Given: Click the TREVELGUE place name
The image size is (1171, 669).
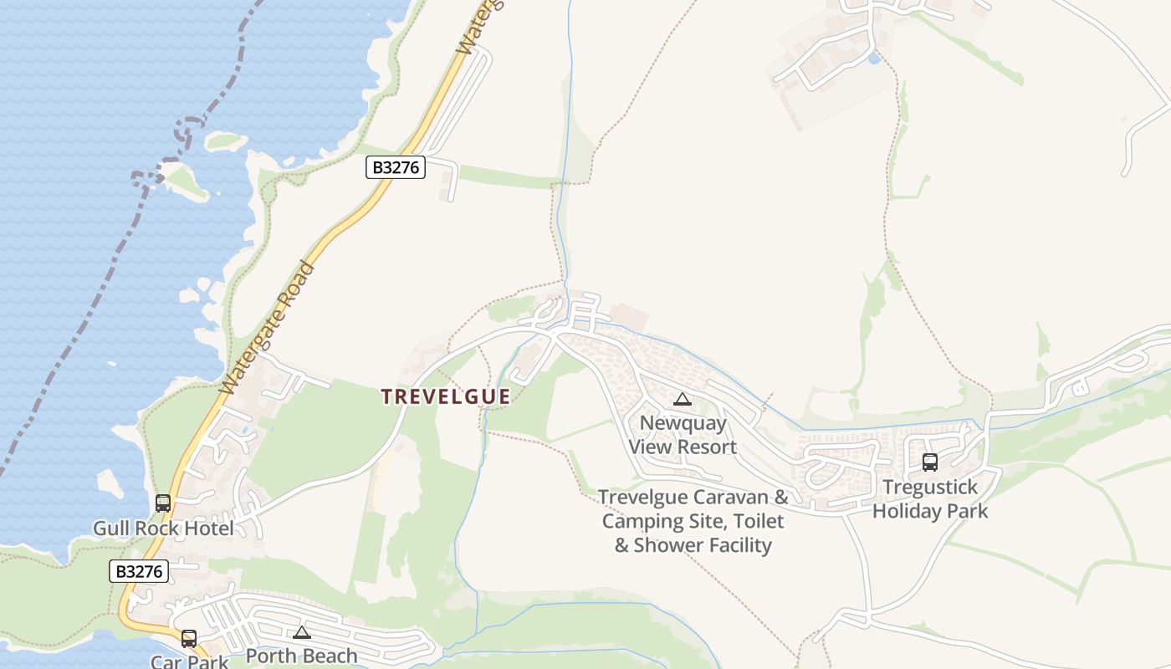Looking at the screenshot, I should (446, 396).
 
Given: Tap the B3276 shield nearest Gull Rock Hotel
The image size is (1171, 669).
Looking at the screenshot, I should (139, 572).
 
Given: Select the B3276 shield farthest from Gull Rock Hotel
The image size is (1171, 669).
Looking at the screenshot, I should (396, 167).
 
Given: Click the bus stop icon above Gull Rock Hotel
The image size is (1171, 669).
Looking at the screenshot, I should (163, 503).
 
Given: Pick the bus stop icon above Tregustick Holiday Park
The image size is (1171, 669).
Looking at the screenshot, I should (929, 462).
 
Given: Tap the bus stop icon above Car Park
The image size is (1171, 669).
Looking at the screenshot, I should (189, 639).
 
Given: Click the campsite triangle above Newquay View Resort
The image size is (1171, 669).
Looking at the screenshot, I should (683, 400).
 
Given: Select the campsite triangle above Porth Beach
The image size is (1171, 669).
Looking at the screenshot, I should (302, 632).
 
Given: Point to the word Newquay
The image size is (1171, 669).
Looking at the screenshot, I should (683, 423).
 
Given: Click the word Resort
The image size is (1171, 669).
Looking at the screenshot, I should (707, 447).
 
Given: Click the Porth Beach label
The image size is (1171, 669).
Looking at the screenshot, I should (301, 656).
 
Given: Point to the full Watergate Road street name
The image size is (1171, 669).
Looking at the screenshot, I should (267, 329).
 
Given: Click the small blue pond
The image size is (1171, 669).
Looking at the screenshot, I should (874, 58).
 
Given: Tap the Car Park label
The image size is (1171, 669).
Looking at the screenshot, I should (189, 661).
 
